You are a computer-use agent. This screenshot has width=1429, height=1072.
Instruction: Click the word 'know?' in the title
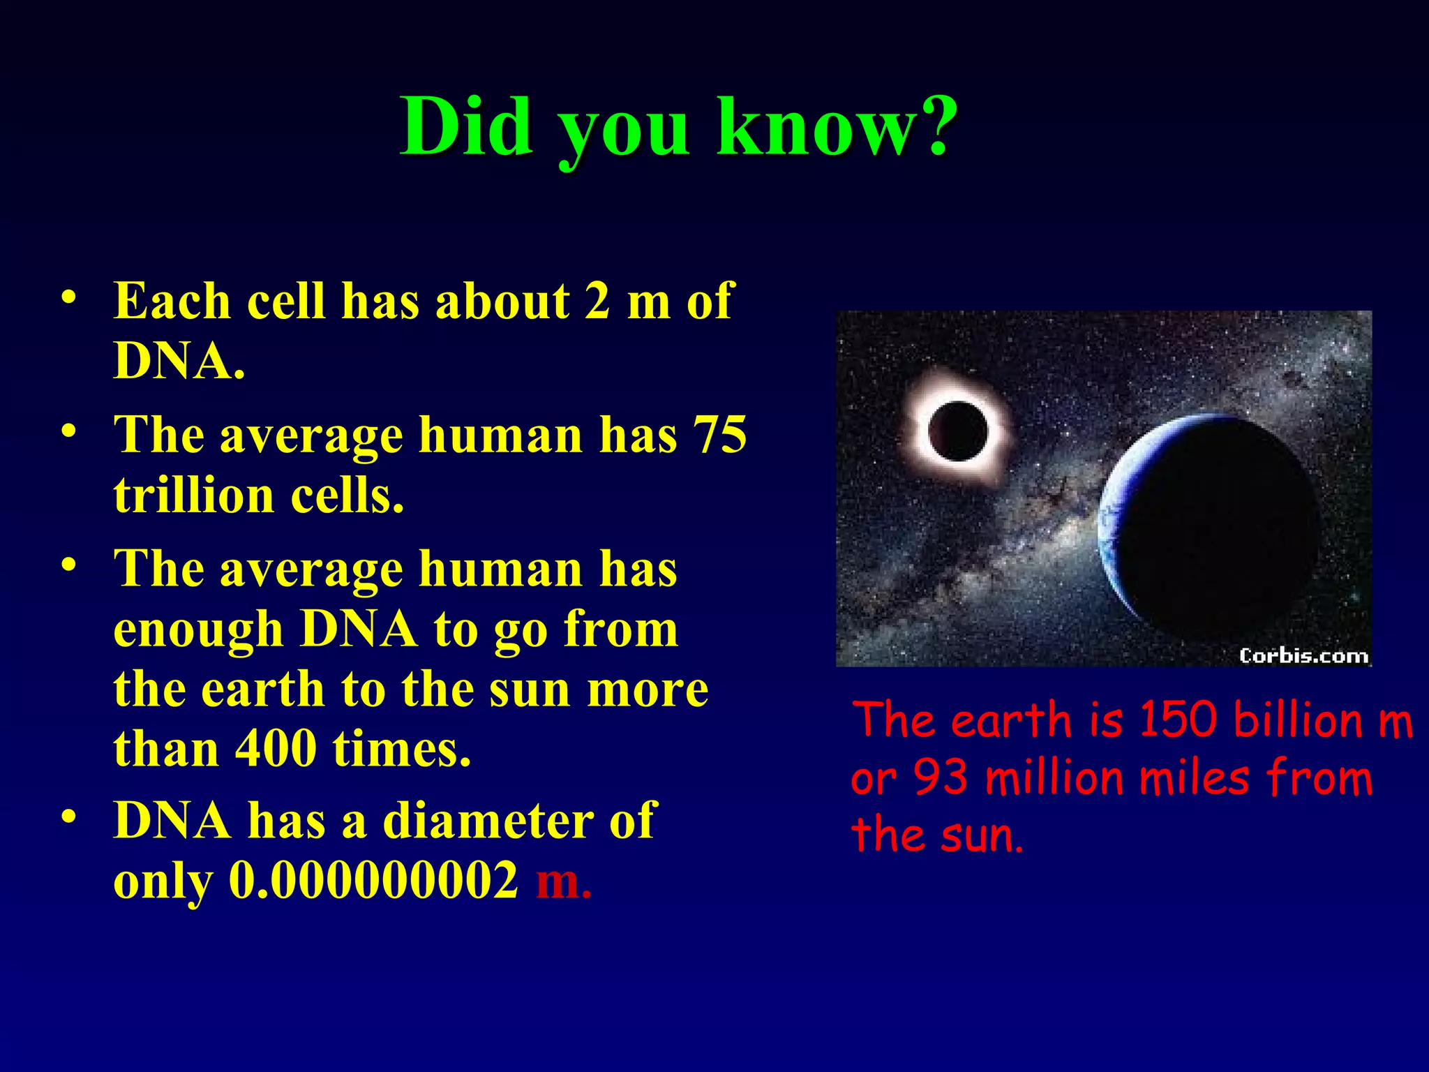[837, 127]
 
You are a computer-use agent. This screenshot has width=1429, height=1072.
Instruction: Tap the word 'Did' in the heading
[466, 127]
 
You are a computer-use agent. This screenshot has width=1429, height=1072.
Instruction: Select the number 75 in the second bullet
[719, 435]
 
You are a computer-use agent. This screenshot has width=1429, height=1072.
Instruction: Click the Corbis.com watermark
[1303, 656]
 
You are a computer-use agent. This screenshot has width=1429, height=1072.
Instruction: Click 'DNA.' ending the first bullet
[179, 362]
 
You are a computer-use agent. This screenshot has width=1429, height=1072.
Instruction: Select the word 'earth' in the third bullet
[263, 690]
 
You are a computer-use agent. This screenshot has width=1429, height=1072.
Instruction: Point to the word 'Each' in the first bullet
[172, 301]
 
